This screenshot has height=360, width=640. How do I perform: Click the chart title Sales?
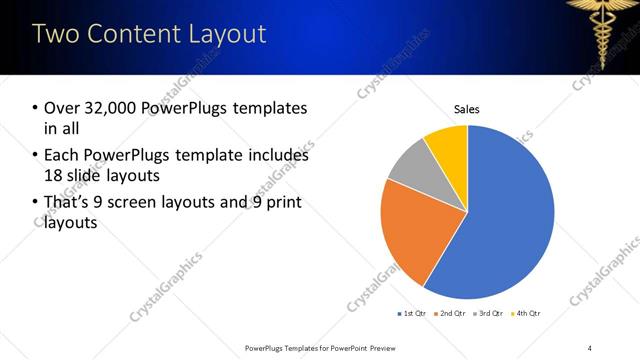pos(467,108)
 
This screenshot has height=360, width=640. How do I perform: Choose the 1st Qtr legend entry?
pos(411,313)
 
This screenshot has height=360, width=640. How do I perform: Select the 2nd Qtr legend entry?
pos(449,313)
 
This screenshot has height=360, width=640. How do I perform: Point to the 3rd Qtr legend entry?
pos(487,313)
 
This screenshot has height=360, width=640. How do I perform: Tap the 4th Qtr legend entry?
pos(524,313)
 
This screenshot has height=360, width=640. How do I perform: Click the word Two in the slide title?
pos(57,34)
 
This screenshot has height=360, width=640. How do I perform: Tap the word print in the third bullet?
pos(283,203)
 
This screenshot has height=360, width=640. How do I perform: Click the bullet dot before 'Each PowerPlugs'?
pos(35,156)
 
